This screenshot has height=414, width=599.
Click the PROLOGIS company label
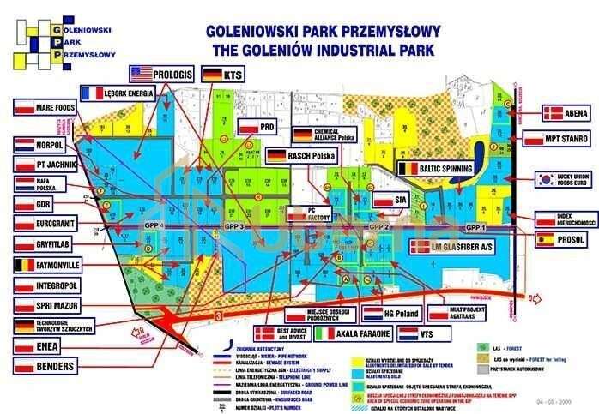(x=174, y=74)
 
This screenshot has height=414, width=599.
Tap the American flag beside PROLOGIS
(x=140, y=74)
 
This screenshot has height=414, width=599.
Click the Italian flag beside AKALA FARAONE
(x=326, y=333)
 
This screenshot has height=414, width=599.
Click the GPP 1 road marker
(x=475, y=227)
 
